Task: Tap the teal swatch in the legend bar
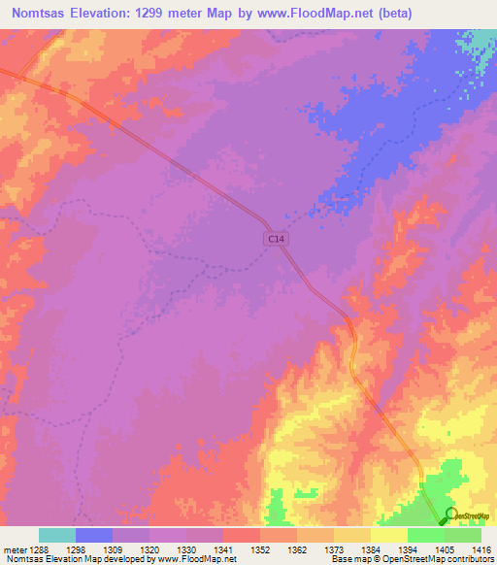click(x=56, y=535)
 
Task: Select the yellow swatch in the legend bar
click(x=388, y=535)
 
